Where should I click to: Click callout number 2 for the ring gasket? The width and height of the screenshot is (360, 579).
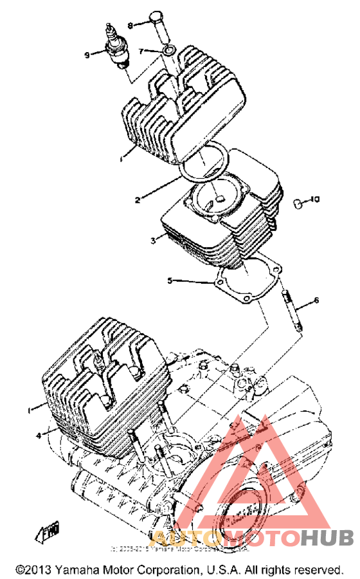click(137, 199)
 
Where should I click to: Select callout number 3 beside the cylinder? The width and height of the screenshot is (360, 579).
click(152, 241)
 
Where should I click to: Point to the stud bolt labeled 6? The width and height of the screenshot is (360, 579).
click(291, 311)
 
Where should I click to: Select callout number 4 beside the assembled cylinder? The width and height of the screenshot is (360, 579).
click(39, 435)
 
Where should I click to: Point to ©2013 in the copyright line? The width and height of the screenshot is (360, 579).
click(33, 570)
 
